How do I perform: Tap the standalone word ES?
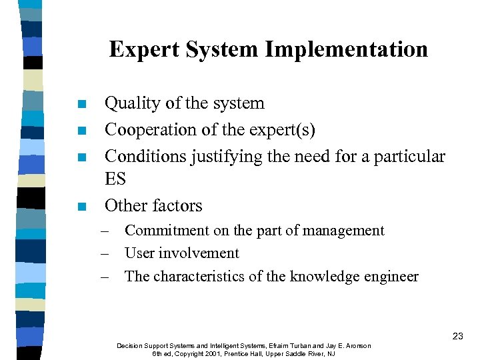115,179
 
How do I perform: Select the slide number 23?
457,337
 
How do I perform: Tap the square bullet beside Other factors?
81,207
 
